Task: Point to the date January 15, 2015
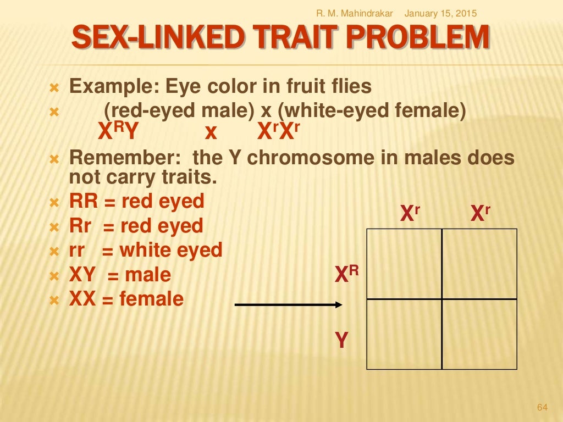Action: [x=440, y=13]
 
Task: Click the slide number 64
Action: [x=542, y=407]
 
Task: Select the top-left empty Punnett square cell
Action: [x=404, y=264]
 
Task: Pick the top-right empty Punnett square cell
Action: [x=479, y=264]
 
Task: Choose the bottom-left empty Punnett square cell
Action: [x=404, y=334]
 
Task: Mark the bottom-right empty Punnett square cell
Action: [x=479, y=334]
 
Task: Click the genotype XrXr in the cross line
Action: [x=279, y=132]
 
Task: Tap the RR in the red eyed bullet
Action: [x=84, y=201]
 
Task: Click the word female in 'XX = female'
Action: [x=151, y=299]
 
